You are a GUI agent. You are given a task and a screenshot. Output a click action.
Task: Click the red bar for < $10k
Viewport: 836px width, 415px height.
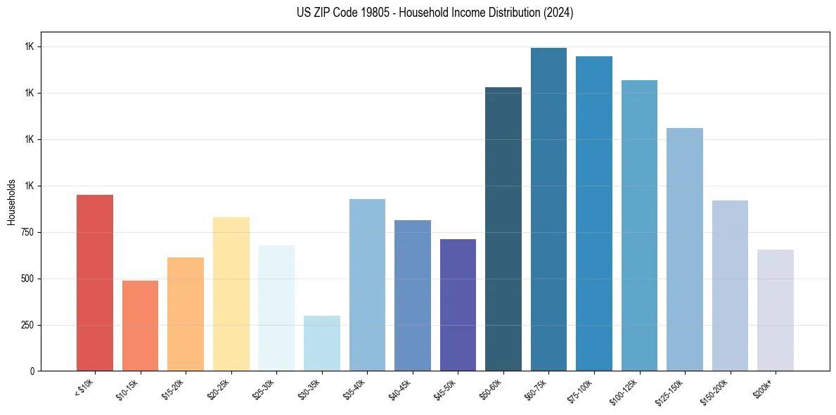[x=95, y=283]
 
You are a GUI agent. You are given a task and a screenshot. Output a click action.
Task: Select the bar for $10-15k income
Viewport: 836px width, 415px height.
[x=140, y=326]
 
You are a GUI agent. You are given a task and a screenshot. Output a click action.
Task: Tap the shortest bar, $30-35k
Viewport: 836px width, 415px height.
[x=321, y=343]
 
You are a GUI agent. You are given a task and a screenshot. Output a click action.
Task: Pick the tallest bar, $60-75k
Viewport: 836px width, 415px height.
[x=548, y=209]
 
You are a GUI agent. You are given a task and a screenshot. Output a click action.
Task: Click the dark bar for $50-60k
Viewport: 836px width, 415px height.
[x=503, y=229]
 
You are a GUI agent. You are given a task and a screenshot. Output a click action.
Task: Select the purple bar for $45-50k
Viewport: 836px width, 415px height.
[x=458, y=305]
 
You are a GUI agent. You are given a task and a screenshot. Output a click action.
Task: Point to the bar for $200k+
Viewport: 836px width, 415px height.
[x=775, y=310]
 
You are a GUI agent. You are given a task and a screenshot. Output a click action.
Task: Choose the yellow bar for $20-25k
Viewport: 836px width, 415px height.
[x=231, y=294]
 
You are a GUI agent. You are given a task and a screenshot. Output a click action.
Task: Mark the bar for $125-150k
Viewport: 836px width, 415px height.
[x=684, y=249]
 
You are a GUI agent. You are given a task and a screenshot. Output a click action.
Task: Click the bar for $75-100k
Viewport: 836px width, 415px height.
[x=593, y=213]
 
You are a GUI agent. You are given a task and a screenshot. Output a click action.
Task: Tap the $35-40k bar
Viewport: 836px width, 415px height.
[x=367, y=285]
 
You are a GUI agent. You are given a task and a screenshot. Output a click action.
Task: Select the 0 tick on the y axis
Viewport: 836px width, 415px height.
[x=32, y=371]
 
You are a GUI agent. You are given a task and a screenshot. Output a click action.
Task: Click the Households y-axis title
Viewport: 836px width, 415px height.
[x=11, y=202]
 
